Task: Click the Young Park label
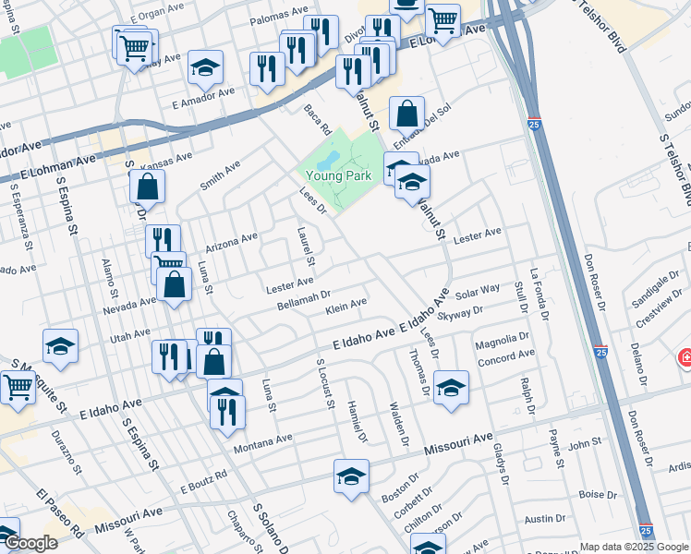[x=339, y=174]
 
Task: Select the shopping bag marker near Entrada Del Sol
[x=406, y=114]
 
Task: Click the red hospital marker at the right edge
[x=685, y=357]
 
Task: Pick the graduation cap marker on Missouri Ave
[x=351, y=476]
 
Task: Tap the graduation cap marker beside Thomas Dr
[x=451, y=388]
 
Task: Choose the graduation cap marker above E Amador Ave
[x=205, y=67]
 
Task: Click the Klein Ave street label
[x=346, y=305]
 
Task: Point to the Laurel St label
[x=302, y=242]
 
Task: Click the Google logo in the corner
[x=30, y=543]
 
